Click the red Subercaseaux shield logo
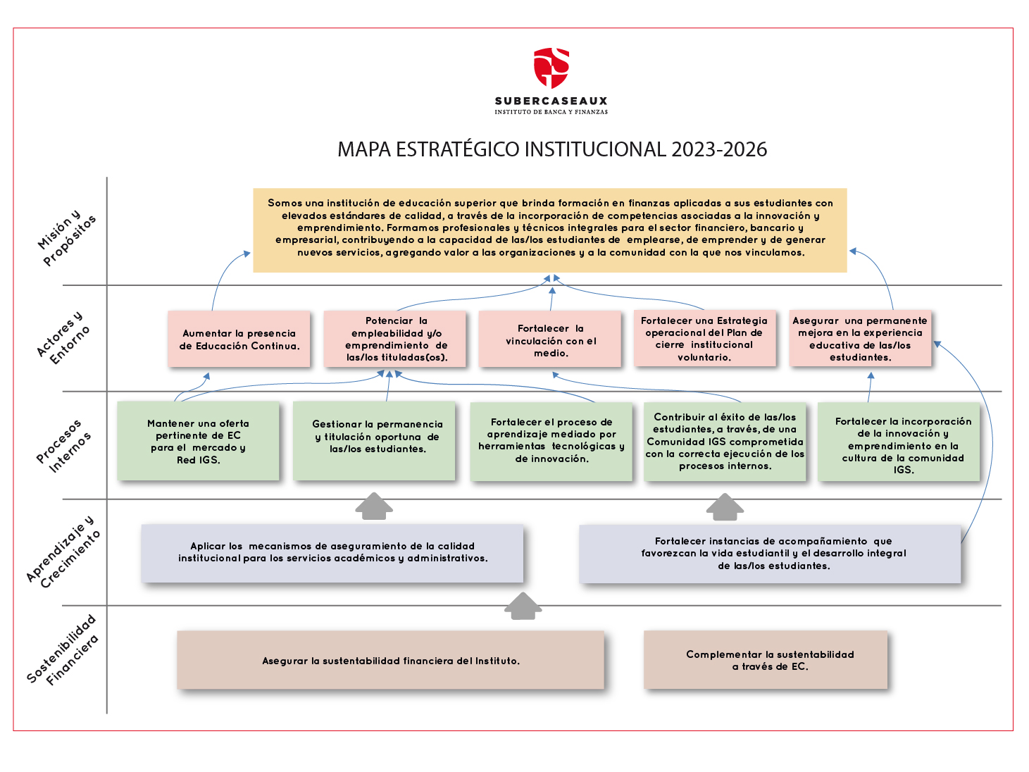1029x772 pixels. (x=551, y=68)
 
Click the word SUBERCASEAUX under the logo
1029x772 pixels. (x=551, y=101)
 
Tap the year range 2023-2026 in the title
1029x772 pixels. (x=719, y=149)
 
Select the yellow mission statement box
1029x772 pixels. (x=550, y=230)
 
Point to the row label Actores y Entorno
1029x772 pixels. (x=63, y=337)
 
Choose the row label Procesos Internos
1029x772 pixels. (x=64, y=445)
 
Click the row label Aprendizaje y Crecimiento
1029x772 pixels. (x=63, y=552)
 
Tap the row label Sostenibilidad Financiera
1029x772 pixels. (x=63, y=650)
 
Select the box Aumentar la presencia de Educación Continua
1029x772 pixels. (x=239, y=339)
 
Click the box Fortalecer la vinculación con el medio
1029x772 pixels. (x=550, y=339)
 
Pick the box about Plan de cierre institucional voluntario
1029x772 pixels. (x=704, y=338)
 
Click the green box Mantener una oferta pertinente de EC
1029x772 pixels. (x=199, y=441)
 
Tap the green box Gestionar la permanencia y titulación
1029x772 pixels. (x=374, y=441)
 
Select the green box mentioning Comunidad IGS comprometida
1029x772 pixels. (x=725, y=441)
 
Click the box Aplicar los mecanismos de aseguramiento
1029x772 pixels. (x=332, y=553)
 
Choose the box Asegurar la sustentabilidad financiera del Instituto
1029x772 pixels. (x=390, y=660)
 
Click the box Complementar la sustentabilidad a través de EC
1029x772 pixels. (x=766, y=660)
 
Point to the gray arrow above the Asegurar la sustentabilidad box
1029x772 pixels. (x=523, y=606)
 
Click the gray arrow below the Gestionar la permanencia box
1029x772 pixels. (x=374, y=506)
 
